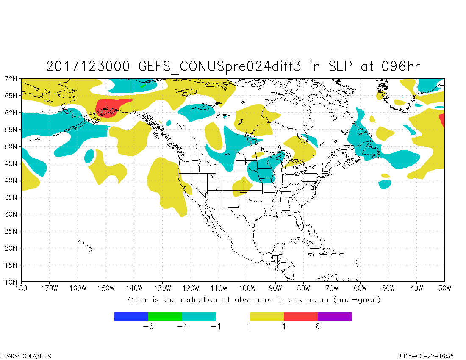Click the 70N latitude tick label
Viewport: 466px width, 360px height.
click(11, 79)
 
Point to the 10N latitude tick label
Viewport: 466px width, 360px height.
click(11, 282)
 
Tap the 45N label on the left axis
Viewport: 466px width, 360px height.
click(11, 163)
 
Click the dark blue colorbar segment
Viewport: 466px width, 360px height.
click(131, 316)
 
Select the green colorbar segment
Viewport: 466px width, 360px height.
click(165, 316)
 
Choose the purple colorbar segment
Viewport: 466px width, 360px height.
click(335, 316)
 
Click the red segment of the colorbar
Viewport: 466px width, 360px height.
click(301, 316)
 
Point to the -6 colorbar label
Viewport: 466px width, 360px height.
click(148, 327)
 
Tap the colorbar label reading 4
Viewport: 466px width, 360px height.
click(284, 327)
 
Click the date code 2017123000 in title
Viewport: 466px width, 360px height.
click(90, 66)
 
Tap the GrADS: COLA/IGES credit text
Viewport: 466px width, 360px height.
click(27, 356)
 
